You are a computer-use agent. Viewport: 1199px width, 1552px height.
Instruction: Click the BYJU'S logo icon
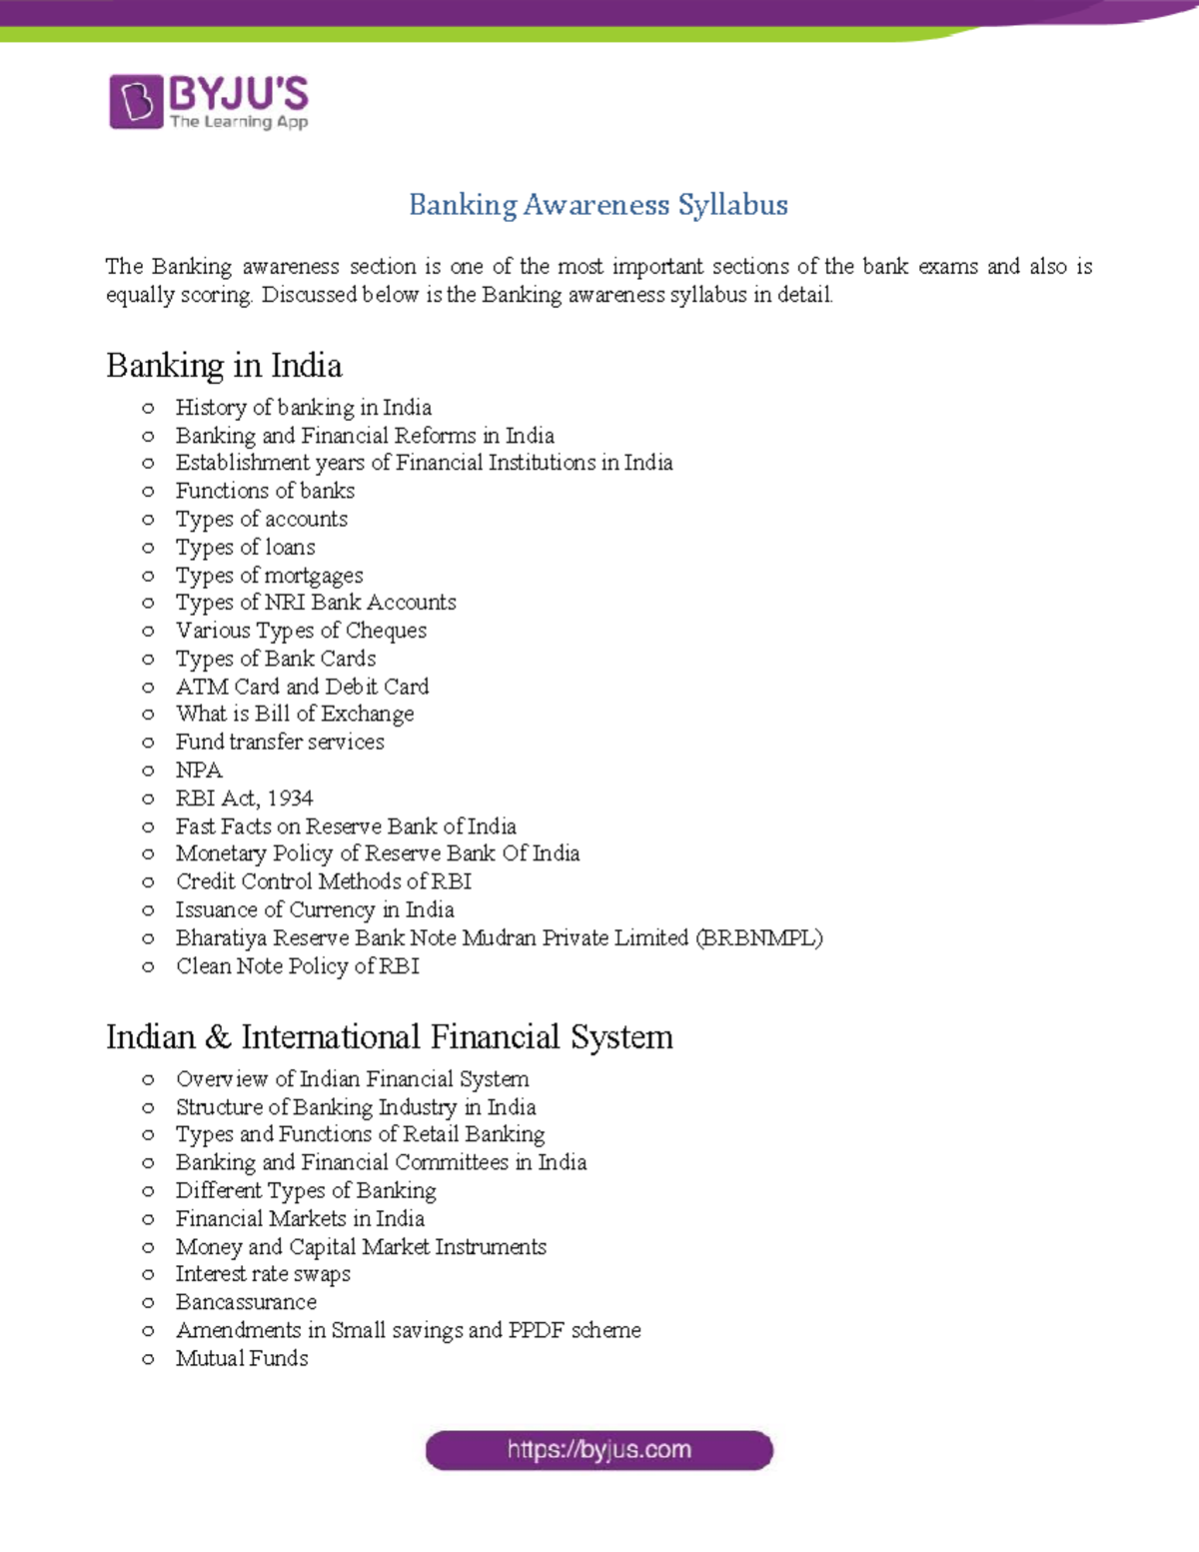(x=136, y=101)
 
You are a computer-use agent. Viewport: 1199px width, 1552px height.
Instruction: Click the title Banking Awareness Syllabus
(x=599, y=205)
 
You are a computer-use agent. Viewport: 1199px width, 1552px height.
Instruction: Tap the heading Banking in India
(x=224, y=366)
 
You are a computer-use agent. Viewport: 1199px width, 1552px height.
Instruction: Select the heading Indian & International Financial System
(x=389, y=1037)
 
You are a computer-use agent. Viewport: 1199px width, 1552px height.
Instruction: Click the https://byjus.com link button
(x=599, y=1450)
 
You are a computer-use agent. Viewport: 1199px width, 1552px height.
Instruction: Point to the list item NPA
(x=199, y=771)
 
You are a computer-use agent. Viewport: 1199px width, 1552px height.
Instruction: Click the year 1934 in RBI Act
(x=290, y=798)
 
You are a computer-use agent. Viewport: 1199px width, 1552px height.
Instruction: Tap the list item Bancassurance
(x=246, y=1302)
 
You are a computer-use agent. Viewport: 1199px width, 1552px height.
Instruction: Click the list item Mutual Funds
(x=242, y=1358)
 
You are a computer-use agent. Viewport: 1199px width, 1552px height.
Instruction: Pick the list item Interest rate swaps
(x=263, y=1274)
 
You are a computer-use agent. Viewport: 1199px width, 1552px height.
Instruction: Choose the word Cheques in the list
(x=386, y=631)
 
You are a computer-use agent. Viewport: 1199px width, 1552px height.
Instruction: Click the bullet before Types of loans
(x=148, y=548)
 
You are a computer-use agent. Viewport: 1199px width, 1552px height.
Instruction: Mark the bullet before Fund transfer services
(x=148, y=743)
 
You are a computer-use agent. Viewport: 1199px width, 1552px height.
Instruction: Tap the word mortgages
(x=313, y=577)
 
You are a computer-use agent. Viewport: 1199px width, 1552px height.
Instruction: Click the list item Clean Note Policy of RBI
(x=297, y=966)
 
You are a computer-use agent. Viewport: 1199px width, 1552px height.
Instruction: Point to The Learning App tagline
(x=239, y=122)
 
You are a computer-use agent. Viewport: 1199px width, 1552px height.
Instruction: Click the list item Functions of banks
(x=265, y=491)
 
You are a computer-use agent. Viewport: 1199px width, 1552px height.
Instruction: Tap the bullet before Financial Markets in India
(x=148, y=1219)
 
